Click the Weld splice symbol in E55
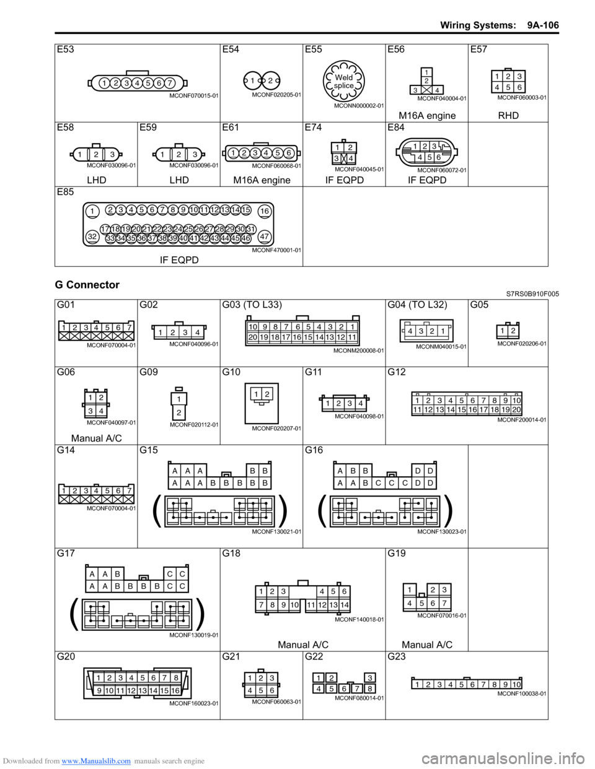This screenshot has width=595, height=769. (x=343, y=81)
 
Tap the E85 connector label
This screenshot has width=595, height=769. (x=65, y=193)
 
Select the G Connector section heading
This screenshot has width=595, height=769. (x=87, y=285)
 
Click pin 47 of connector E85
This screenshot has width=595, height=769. (x=263, y=237)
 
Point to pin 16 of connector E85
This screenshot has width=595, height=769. (x=264, y=212)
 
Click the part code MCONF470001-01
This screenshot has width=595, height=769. (x=276, y=250)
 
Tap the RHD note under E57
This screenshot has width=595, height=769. (x=508, y=115)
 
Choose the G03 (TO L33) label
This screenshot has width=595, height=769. (x=252, y=305)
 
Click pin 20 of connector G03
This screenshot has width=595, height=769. (x=253, y=337)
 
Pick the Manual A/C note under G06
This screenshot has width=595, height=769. (x=97, y=438)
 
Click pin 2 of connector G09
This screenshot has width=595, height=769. (x=178, y=413)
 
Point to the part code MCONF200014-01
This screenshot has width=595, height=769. (x=522, y=420)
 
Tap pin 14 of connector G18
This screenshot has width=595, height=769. (x=345, y=605)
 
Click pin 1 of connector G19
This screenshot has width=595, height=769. (x=410, y=589)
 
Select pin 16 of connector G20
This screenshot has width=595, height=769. (x=175, y=690)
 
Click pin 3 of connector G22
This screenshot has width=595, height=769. (x=369, y=678)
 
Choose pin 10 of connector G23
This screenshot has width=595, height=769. (x=516, y=684)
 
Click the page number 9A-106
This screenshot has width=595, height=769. (x=543, y=25)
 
